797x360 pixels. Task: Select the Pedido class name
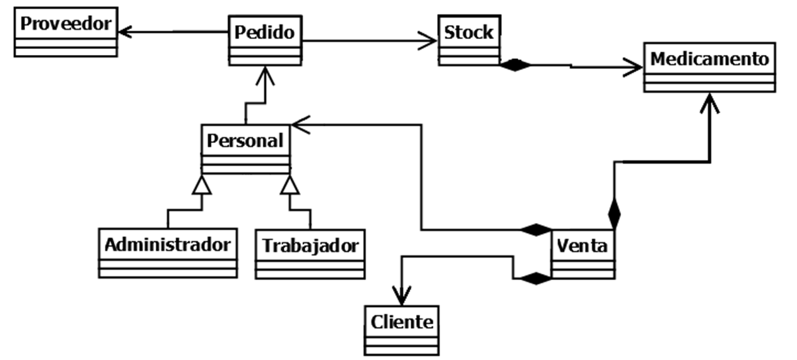click(265, 31)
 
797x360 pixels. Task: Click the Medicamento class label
click(710, 59)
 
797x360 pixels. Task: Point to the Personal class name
click(245, 140)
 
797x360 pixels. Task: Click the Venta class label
click(583, 246)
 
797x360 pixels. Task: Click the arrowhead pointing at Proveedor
click(126, 30)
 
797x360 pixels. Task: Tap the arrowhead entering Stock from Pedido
click(429, 42)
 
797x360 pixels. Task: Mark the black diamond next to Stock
click(515, 65)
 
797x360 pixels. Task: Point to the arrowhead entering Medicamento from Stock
click(634, 66)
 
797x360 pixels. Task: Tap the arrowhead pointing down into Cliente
click(401, 296)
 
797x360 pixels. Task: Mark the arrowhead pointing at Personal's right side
click(300, 122)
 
